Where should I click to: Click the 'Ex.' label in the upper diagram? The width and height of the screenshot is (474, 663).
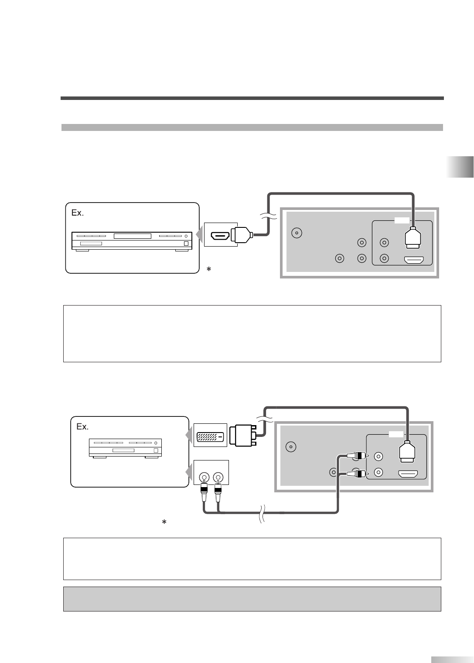pyautogui.click(x=77, y=213)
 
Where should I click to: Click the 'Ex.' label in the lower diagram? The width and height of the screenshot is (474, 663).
pyautogui.click(x=82, y=427)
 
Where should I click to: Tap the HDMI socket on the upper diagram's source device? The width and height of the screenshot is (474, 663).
pyautogui.click(x=221, y=236)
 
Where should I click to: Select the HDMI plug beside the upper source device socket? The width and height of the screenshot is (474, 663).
pyautogui.click(x=241, y=236)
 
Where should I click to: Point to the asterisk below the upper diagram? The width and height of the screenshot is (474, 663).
pyautogui.click(x=209, y=270)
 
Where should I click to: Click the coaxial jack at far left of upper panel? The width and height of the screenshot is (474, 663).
pyautogui.click(x=297, y=233)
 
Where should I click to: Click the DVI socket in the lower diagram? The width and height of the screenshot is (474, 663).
pyautogui.click(x=210, y=436)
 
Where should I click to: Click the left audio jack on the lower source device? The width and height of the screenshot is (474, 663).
pyautogui.click(x=204, y=477)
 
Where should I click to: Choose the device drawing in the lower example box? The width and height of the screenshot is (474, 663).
pyautogui.click(x=125, y=448)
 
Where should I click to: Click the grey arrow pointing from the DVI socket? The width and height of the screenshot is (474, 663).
pyautogui.click(x=188, y=435)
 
